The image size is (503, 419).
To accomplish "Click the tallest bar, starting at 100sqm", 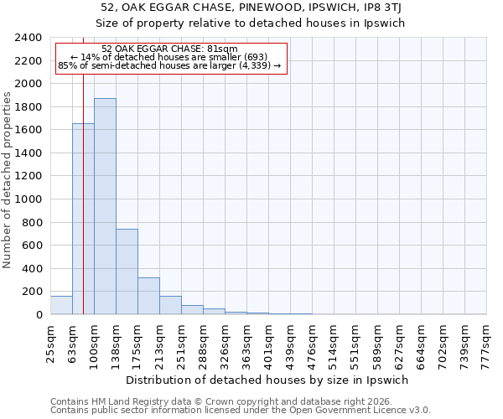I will click(x=105, y=206).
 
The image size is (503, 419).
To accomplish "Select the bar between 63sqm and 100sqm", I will click(x=83, y=219).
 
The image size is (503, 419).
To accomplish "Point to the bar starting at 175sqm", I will click(x=148, y=296).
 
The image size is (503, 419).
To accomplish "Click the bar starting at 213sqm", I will click(x=170, y=305).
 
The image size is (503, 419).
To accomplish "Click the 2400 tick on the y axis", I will click(x=29, y=38).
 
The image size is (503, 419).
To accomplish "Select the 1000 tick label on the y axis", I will click(x=29, y=199).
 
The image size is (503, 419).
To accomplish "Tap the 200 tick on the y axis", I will click(x=33, y=292).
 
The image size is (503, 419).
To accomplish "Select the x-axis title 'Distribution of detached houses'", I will click(x=268, y=380).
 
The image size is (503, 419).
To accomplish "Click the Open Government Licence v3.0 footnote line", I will click(x=241, y=410).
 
